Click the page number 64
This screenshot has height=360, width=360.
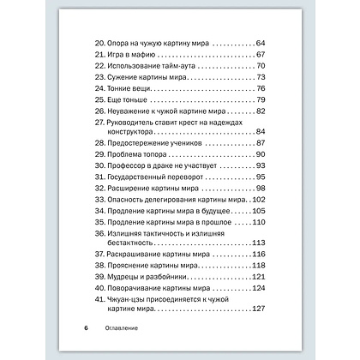pos(261,42)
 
